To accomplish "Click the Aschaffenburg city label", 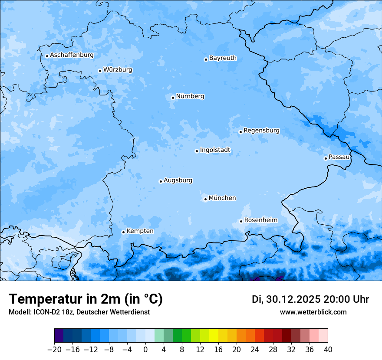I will [x=72, y=55].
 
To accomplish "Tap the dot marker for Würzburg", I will [x=100, y=71].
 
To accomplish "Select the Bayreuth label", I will [x=223, y=58].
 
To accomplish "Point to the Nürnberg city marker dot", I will [x=173, y=98].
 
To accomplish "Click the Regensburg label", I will [x=261, y=131].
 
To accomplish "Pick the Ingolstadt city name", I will [x=215, y=150].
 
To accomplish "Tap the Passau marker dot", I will [x=326, y=158].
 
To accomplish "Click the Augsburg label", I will [x=178, y=180].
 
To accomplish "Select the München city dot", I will [x=205, y=200].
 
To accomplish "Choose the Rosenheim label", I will [x=260, y=220].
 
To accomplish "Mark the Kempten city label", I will [x=140, y=231].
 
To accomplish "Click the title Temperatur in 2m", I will [x=86, y=299].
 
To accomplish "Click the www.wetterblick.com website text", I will [x=313, y=312].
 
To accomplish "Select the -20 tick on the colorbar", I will [x=54, y=350].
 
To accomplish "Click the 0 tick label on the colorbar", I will [x=145, y=350].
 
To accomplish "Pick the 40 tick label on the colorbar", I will [x=328, y=350].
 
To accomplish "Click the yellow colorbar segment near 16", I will [x=214, y=336].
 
